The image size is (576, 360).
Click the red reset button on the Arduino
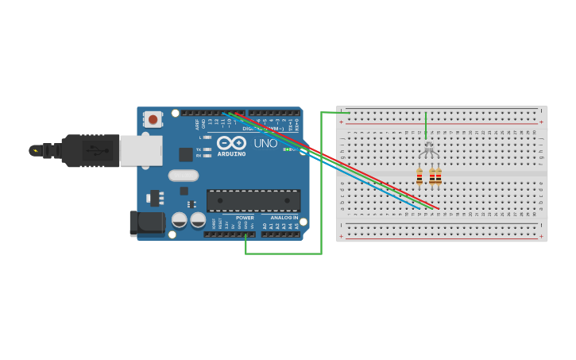click(x=153, y=119)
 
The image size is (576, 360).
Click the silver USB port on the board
click(x=141, y=150)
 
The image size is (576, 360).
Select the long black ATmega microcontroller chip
click(x=253, y=200)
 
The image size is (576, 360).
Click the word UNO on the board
click(x=265, y=144)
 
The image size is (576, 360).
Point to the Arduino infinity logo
click(x=231, y=143)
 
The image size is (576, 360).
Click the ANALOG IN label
click(x=284, y=217)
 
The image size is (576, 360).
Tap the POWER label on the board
click(x=245, y=217)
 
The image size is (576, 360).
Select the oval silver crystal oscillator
click(x=183, y=176)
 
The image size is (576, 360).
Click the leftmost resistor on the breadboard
click(x=419, y=177)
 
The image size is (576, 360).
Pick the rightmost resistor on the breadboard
click(x=438, y=177)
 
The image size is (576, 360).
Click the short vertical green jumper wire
click(x=426, y=125)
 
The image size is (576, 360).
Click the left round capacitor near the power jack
click(x=180, y=219)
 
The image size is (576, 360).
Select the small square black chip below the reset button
click(x=185, y=154)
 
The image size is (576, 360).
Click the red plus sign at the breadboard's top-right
click(x=541, y=122)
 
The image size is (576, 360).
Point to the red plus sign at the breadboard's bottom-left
click(x=342, y=236)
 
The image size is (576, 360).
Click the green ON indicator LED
click(x=286, y=149)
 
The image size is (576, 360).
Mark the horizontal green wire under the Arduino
click(x=283, y=254)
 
